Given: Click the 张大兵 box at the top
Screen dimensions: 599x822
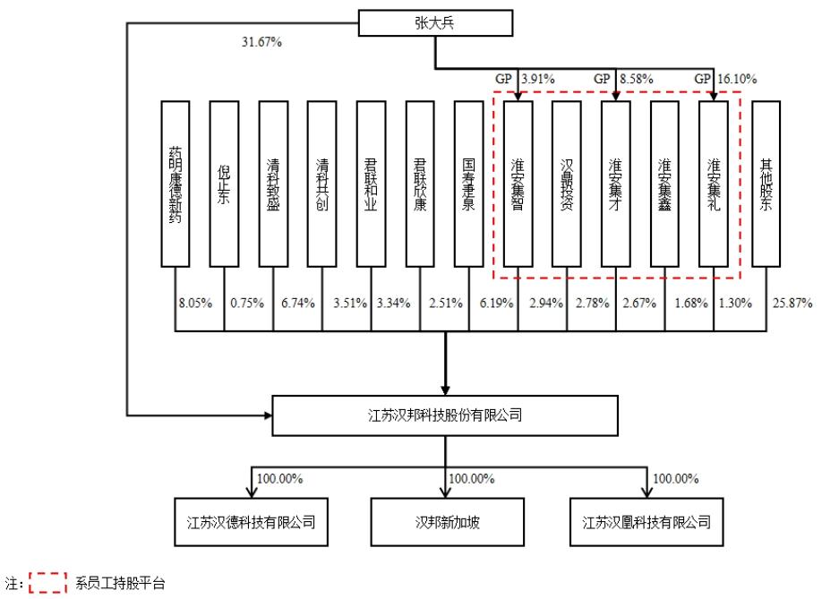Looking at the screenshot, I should pos(435,23).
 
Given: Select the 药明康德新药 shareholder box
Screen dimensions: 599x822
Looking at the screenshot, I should pos(176,184).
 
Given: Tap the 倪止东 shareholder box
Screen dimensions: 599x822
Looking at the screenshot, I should pos(224,184).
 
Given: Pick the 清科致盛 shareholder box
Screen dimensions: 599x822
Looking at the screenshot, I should pos(273,184).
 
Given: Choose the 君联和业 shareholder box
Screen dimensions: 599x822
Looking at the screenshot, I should pos(371,184).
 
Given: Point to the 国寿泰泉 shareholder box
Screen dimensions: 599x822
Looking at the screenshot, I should pos(468,184).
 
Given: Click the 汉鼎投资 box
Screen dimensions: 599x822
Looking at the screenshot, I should pos(566,184).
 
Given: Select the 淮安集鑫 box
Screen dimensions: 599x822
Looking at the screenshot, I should pos(664,184).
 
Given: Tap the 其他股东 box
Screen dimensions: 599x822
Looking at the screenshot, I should pos(766,184).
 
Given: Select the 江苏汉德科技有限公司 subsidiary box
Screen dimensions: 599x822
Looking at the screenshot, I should pos(246,520).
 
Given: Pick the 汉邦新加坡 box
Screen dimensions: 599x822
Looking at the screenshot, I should pos(444,520).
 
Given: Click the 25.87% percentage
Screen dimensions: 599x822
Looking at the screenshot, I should pos(792,303).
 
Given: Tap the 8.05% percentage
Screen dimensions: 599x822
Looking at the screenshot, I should pos(194,303).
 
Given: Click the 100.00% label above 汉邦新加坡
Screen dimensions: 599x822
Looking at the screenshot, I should pos(471,478).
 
